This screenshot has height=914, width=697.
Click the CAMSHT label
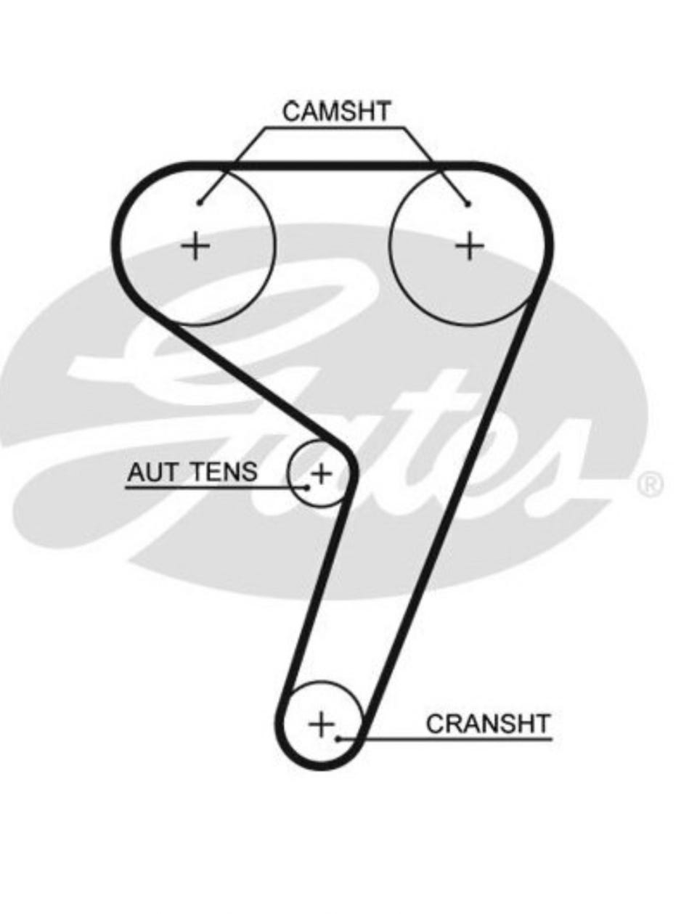click(x=336, y=112)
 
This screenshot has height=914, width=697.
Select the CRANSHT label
click(x=488, y=724)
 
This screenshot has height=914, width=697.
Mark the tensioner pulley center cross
click(x=320, y=474)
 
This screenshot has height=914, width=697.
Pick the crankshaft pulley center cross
click(x=320, y=724)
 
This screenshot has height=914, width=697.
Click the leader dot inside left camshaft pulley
click(x=200, y=203)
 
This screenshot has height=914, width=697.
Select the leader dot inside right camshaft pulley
click(x=468, y=204)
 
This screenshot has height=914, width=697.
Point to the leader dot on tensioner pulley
click(x=308, y=487)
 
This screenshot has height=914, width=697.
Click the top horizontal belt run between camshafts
click(x=334, y=166)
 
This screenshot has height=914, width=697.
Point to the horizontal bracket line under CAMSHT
click(x=336, y=128)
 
